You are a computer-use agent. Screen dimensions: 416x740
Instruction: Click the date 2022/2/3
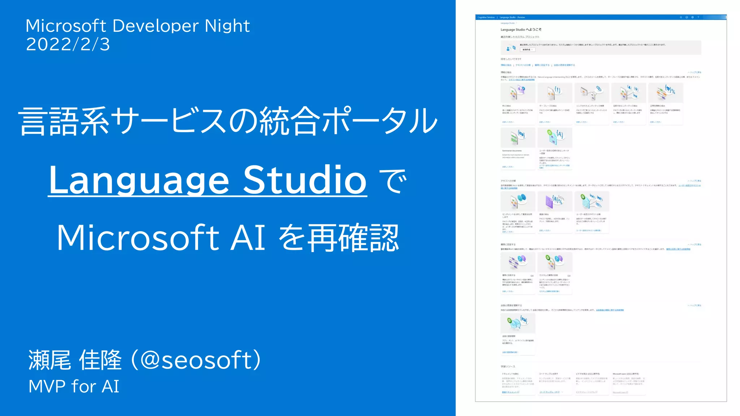pos(68,45)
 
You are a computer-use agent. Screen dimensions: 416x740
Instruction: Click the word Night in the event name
pos(227,26)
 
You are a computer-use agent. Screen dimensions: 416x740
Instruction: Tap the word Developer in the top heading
pos(155,26)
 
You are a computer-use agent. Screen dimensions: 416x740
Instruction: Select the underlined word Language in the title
pos(139,180)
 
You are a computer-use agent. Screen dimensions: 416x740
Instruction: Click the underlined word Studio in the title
pos(305,180)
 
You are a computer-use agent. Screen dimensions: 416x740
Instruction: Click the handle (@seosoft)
pos(201,360)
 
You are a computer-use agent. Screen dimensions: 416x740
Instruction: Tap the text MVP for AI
pos(74,386)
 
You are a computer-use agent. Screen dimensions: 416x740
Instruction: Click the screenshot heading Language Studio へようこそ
pos(521,30)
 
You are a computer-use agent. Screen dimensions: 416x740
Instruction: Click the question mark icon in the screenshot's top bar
pos(698,17)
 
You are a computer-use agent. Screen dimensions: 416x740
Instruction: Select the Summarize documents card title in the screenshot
pos(512,151)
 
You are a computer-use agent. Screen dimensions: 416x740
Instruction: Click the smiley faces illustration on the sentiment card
pos(521,198)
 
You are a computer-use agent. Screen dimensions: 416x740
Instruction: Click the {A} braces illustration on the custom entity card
pos(559,134)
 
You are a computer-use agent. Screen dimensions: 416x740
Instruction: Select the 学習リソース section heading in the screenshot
pos(508,367)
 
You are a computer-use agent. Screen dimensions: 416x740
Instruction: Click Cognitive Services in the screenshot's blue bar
pos(486,17)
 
